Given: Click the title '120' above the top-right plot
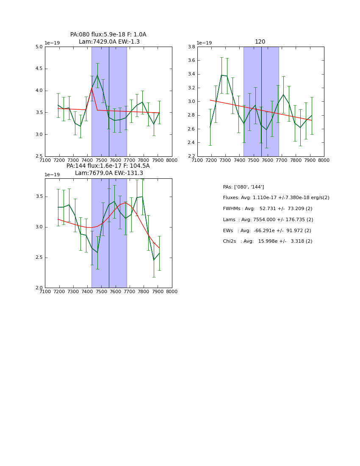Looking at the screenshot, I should pos(260,42).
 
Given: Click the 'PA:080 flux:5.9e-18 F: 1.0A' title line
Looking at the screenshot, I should pos(108,35).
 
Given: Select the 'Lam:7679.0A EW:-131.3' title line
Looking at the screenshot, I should pos(109,173).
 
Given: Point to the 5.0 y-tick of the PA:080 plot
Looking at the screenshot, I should pos(39,47).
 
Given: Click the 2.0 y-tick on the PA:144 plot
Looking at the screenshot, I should pos(39,288).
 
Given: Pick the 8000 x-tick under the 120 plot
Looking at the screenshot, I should pos(324,160).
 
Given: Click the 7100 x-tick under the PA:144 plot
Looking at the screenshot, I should pos(45,291).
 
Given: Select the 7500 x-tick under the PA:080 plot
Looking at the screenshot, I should pos(101,160).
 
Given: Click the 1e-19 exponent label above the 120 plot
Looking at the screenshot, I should pos(204,43).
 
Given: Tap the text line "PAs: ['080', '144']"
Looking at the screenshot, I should pos(243,187).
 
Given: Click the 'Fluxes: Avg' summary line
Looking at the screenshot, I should pos(276,198).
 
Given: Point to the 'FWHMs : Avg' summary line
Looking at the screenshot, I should pos(267,209).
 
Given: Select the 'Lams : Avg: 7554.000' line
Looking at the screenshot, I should pos(268,220).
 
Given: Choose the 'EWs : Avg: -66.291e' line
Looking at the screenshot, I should pos(267,231).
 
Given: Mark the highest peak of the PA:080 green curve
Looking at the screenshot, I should pos(97,75).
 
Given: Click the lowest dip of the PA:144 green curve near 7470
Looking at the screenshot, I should pos(97,252).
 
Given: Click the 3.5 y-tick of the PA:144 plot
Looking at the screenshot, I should pos(39,197).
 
